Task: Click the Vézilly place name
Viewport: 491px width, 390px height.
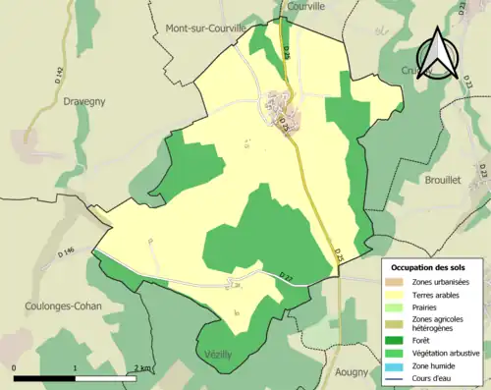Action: point(219,355)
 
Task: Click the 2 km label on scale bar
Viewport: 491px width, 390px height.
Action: point(142,367)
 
